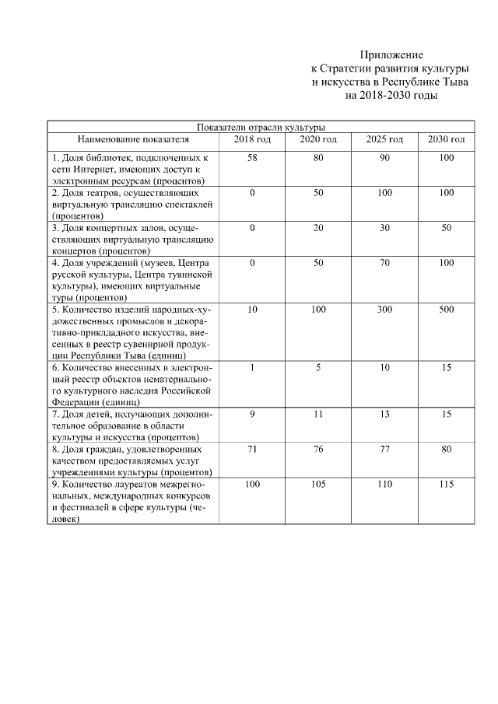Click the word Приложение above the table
click(x=391, y=55)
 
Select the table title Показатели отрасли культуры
click(x=261, y=127)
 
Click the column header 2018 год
click(x=252, y=139)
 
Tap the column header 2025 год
click(x=384, y=139)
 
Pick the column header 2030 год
click(x=446, y=139)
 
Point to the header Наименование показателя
click(x=133, y=139)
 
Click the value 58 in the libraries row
click(x=252, y=158)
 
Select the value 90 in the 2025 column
click(x=384, y=158)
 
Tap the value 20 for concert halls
click(x=318, y=228)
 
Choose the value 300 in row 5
click(x=384, y=310)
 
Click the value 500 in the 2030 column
click(x=446, y=310)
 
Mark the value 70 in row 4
click(x=384, y=264)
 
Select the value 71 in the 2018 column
click(x=252, y=449)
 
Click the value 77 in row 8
click(x=384, y=449)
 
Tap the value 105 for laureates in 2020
click(x=318, y=485)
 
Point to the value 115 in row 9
click(x=446, y=485)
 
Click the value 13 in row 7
click(x=384, y=415)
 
